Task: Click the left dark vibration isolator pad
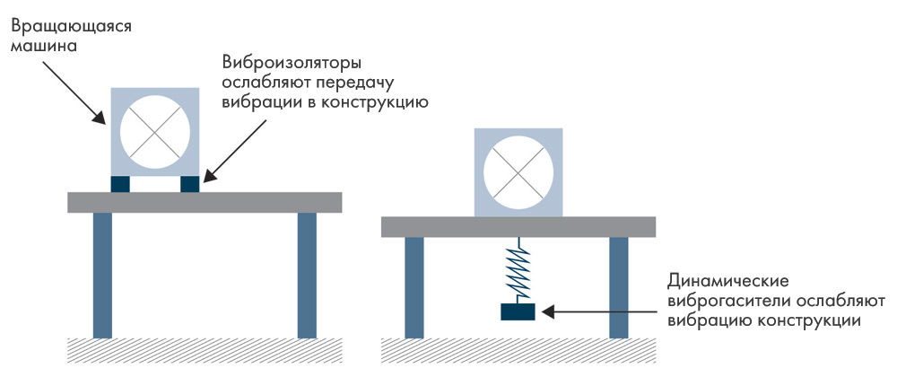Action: coord(120,183)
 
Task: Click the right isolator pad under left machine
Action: coord(189,183)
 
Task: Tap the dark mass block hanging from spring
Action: coord(518,311)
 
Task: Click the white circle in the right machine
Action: coord(518,171)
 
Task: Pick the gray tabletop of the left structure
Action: coord(205,202)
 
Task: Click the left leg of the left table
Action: coord(102,274)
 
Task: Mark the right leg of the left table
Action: coord(307,274)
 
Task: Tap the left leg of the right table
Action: coord(414,287)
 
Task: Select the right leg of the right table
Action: coord(618,287)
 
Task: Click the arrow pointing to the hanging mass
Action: coord(601,311)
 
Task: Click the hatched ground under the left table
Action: coord(205,347)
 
